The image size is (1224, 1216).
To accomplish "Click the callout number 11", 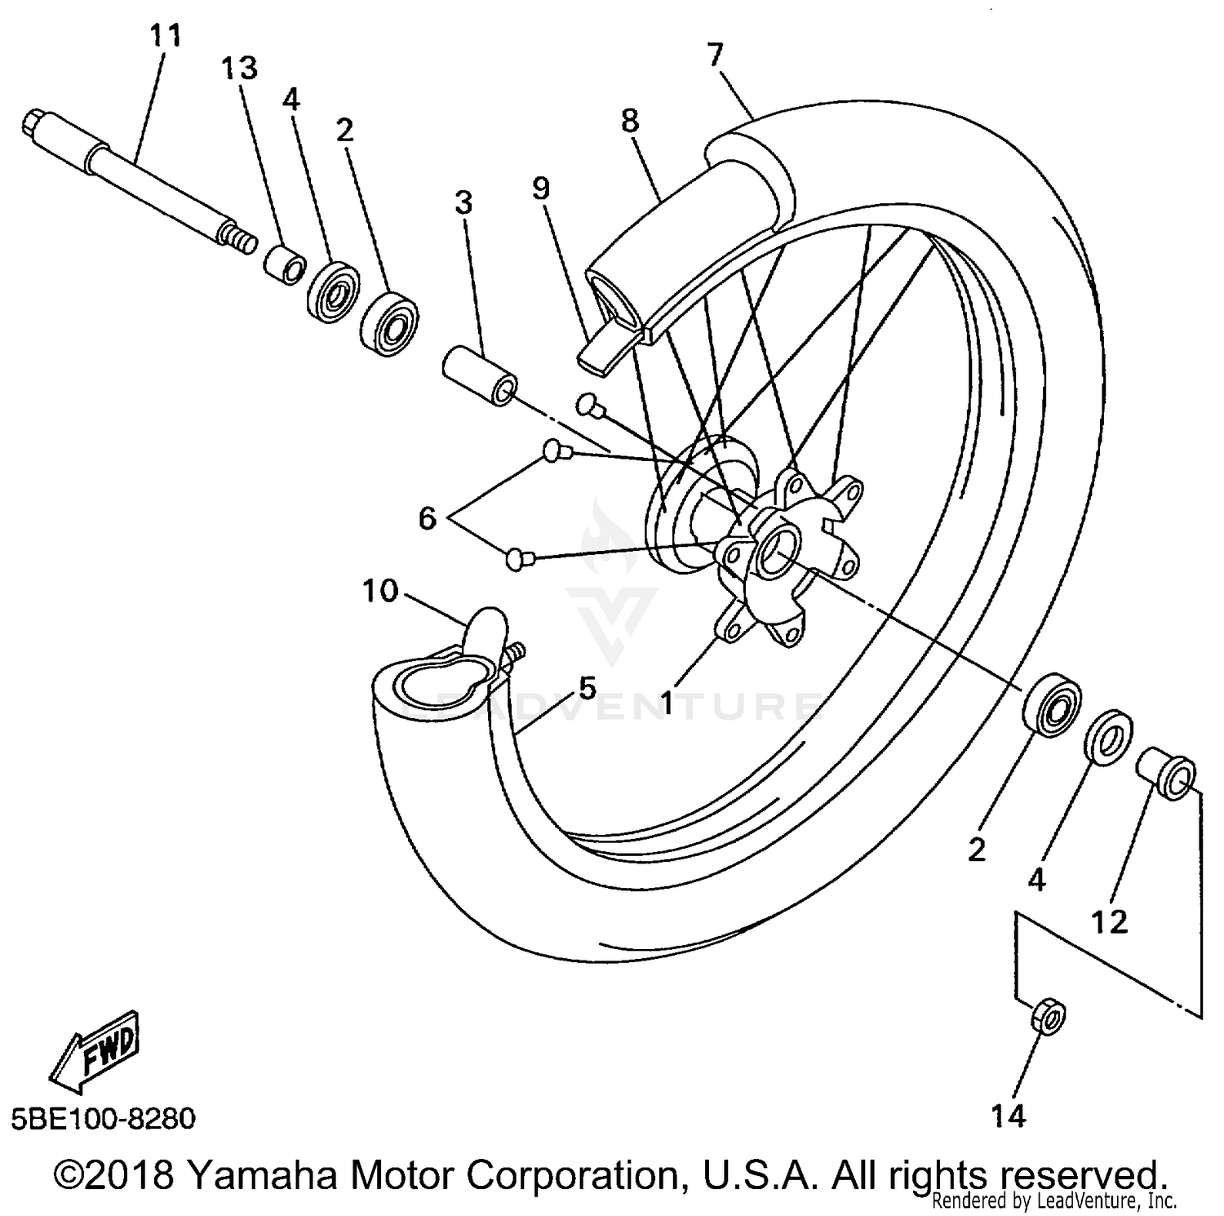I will (x=165, y=36).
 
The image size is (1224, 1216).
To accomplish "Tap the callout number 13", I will (x=239, y=69).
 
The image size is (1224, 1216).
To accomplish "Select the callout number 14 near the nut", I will (x=1008, y=1116).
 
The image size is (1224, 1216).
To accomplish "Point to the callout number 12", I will (x=1109, y=922).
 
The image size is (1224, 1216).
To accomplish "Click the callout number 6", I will (x=428, y=518).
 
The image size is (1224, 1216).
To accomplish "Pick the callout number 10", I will (x=379, y=590).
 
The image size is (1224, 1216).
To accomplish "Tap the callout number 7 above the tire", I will (x=715, y=55).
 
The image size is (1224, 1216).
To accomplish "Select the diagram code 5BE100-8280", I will (x=104, y=1118).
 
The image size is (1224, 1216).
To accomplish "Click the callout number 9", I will (x=540, y=189).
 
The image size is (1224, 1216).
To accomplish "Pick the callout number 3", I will (x=463, y=202).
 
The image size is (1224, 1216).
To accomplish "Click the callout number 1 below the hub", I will (x=667, y=703).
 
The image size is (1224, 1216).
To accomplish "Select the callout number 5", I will (x=588, y=687).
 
